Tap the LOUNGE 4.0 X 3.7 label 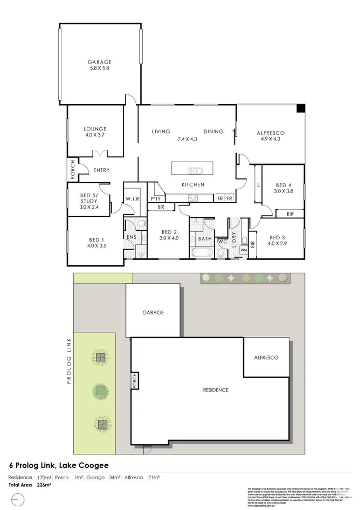click(95, 132)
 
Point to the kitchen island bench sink click(195, 171)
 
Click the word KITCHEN click(192, 185)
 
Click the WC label click(221, 241)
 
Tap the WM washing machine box click(243, 250)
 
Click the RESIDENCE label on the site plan click(216, 390)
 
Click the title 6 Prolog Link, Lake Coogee click(58, 465)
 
